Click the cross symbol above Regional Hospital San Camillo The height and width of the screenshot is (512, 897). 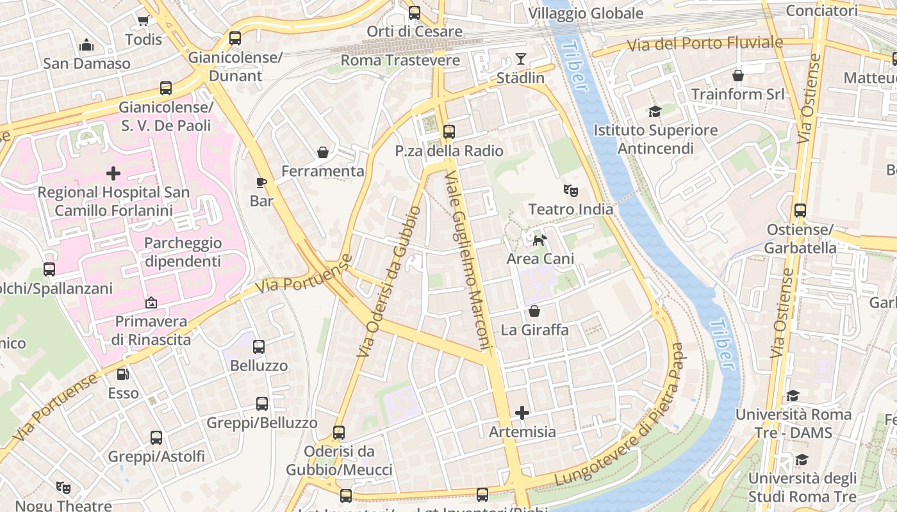click(x=113, y=173)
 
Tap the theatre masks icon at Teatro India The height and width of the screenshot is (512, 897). click(x=570, y=190)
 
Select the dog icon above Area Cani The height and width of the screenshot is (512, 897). click(x=540, y=240)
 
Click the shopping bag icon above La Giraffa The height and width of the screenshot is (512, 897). click(x=534, y=311)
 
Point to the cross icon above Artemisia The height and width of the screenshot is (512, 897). click(x=522, y=413)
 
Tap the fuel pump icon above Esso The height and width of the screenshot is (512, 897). click(x=122, y=374)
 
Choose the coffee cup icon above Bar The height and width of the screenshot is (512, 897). click(x=261, y=182)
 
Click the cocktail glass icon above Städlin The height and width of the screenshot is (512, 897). click(x=520, y=60)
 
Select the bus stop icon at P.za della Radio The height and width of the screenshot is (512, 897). click(x=448, y=132)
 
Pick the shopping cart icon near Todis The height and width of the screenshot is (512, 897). click(x=143, y=20)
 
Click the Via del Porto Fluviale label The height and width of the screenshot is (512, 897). click(x=705, y=44)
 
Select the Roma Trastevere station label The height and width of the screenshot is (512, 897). click(x=400, y=60)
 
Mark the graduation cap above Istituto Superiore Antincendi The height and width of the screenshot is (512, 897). click(x=654, y=111)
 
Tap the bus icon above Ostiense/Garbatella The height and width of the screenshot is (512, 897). click(x=800, y=211)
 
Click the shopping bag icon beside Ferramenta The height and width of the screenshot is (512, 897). click(x=323, y=152)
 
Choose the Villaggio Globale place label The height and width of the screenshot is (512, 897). click(x=586, y=13)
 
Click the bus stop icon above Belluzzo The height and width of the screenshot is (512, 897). click(x=259, y=347)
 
